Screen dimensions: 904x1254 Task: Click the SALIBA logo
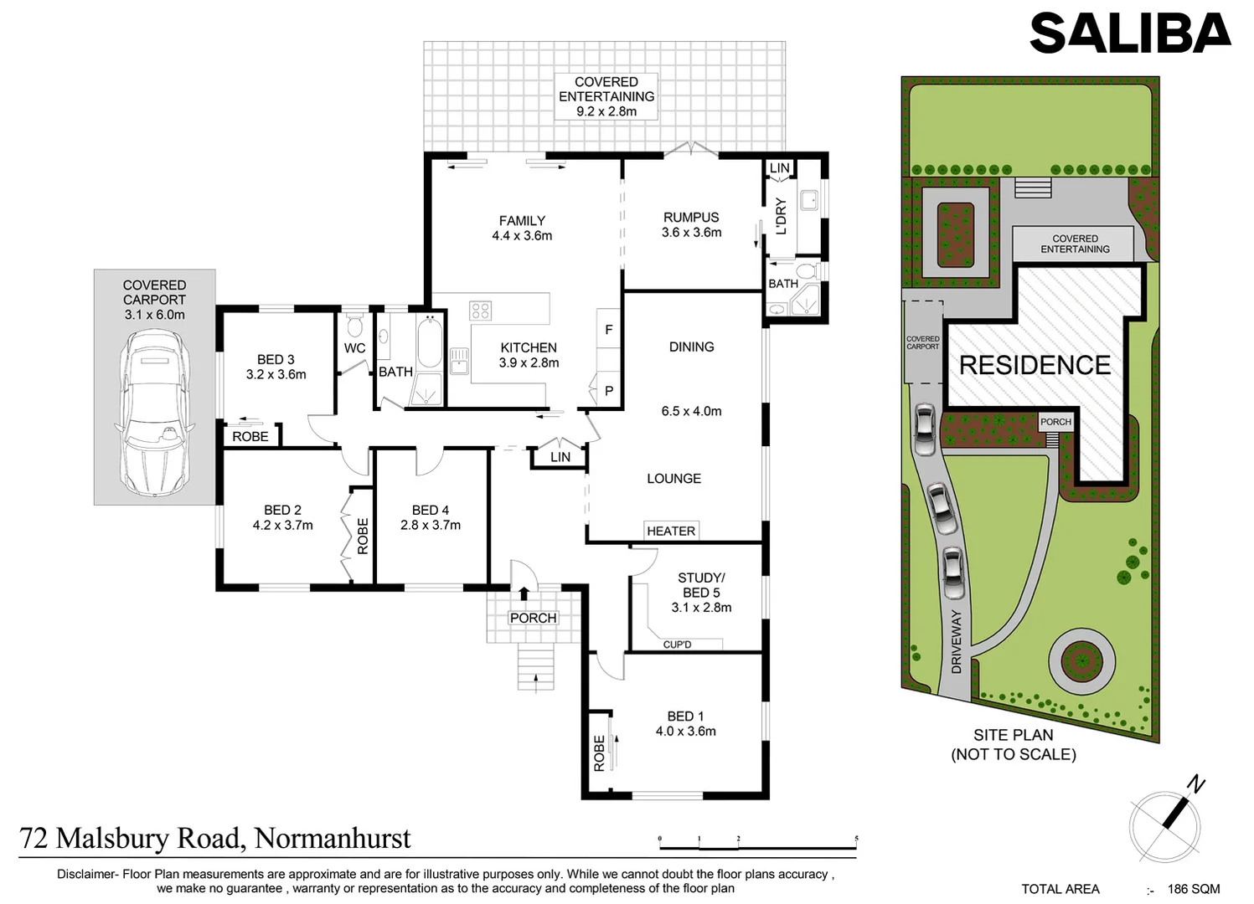point(1130,33)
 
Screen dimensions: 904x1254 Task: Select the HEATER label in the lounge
point(671,531)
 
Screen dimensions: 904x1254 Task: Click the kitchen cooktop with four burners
point(481,311)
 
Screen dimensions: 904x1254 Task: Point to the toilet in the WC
point(354,325)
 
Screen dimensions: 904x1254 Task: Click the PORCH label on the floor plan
point(534,618)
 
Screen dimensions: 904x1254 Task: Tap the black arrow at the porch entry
point(524,593)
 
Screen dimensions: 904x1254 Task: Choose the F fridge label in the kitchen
point(609,330)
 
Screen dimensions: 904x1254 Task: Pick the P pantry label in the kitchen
point(609,391)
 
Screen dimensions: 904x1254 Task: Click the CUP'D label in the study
point(677,645)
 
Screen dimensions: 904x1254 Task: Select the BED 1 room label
point(685,717)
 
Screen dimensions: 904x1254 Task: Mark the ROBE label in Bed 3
point(250,436)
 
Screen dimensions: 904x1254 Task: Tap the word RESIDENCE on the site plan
point(1035,365)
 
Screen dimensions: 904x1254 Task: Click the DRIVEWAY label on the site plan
point(956,641)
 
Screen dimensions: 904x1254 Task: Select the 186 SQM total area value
point(1193,889)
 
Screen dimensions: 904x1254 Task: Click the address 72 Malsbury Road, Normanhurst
point(215,838)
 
